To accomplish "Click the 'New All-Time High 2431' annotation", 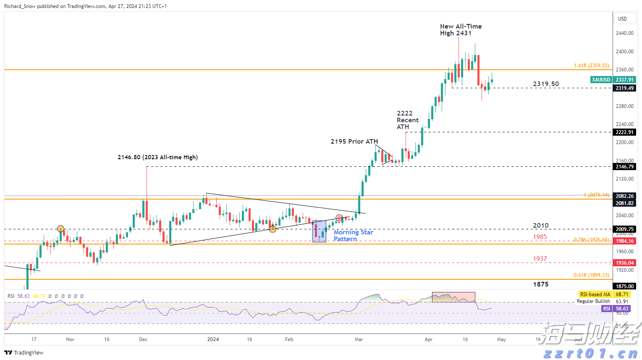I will (x=461, y=30).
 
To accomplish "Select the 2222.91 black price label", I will (x=624, y=132).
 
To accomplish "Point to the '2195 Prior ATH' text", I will (x=354, y=142).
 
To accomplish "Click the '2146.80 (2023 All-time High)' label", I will (x=157, y=158).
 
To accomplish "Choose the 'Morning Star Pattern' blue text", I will (x=353, y=236).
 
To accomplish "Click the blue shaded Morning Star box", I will (x=319, y=231).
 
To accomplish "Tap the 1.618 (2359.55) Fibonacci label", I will (x=591, y=66).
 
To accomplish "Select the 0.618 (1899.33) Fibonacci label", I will (x=591, y=275).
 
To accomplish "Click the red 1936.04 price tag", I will (x=624, y=263).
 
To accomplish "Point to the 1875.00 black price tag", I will (x=624, y=286).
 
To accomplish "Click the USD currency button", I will (x=622, y=19).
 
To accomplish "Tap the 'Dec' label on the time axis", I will (x=143, y=339).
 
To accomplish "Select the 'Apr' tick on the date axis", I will (x=428, y=339).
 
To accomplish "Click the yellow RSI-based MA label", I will (x=595, y=294).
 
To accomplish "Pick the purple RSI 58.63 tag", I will (x=606, y=309).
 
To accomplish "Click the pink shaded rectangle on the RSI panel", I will (x=453, y=297).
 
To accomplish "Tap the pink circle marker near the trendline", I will (x=339, y=218).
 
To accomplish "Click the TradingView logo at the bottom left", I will (x=24, y=353).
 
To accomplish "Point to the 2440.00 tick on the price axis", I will (x=624, y=33).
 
